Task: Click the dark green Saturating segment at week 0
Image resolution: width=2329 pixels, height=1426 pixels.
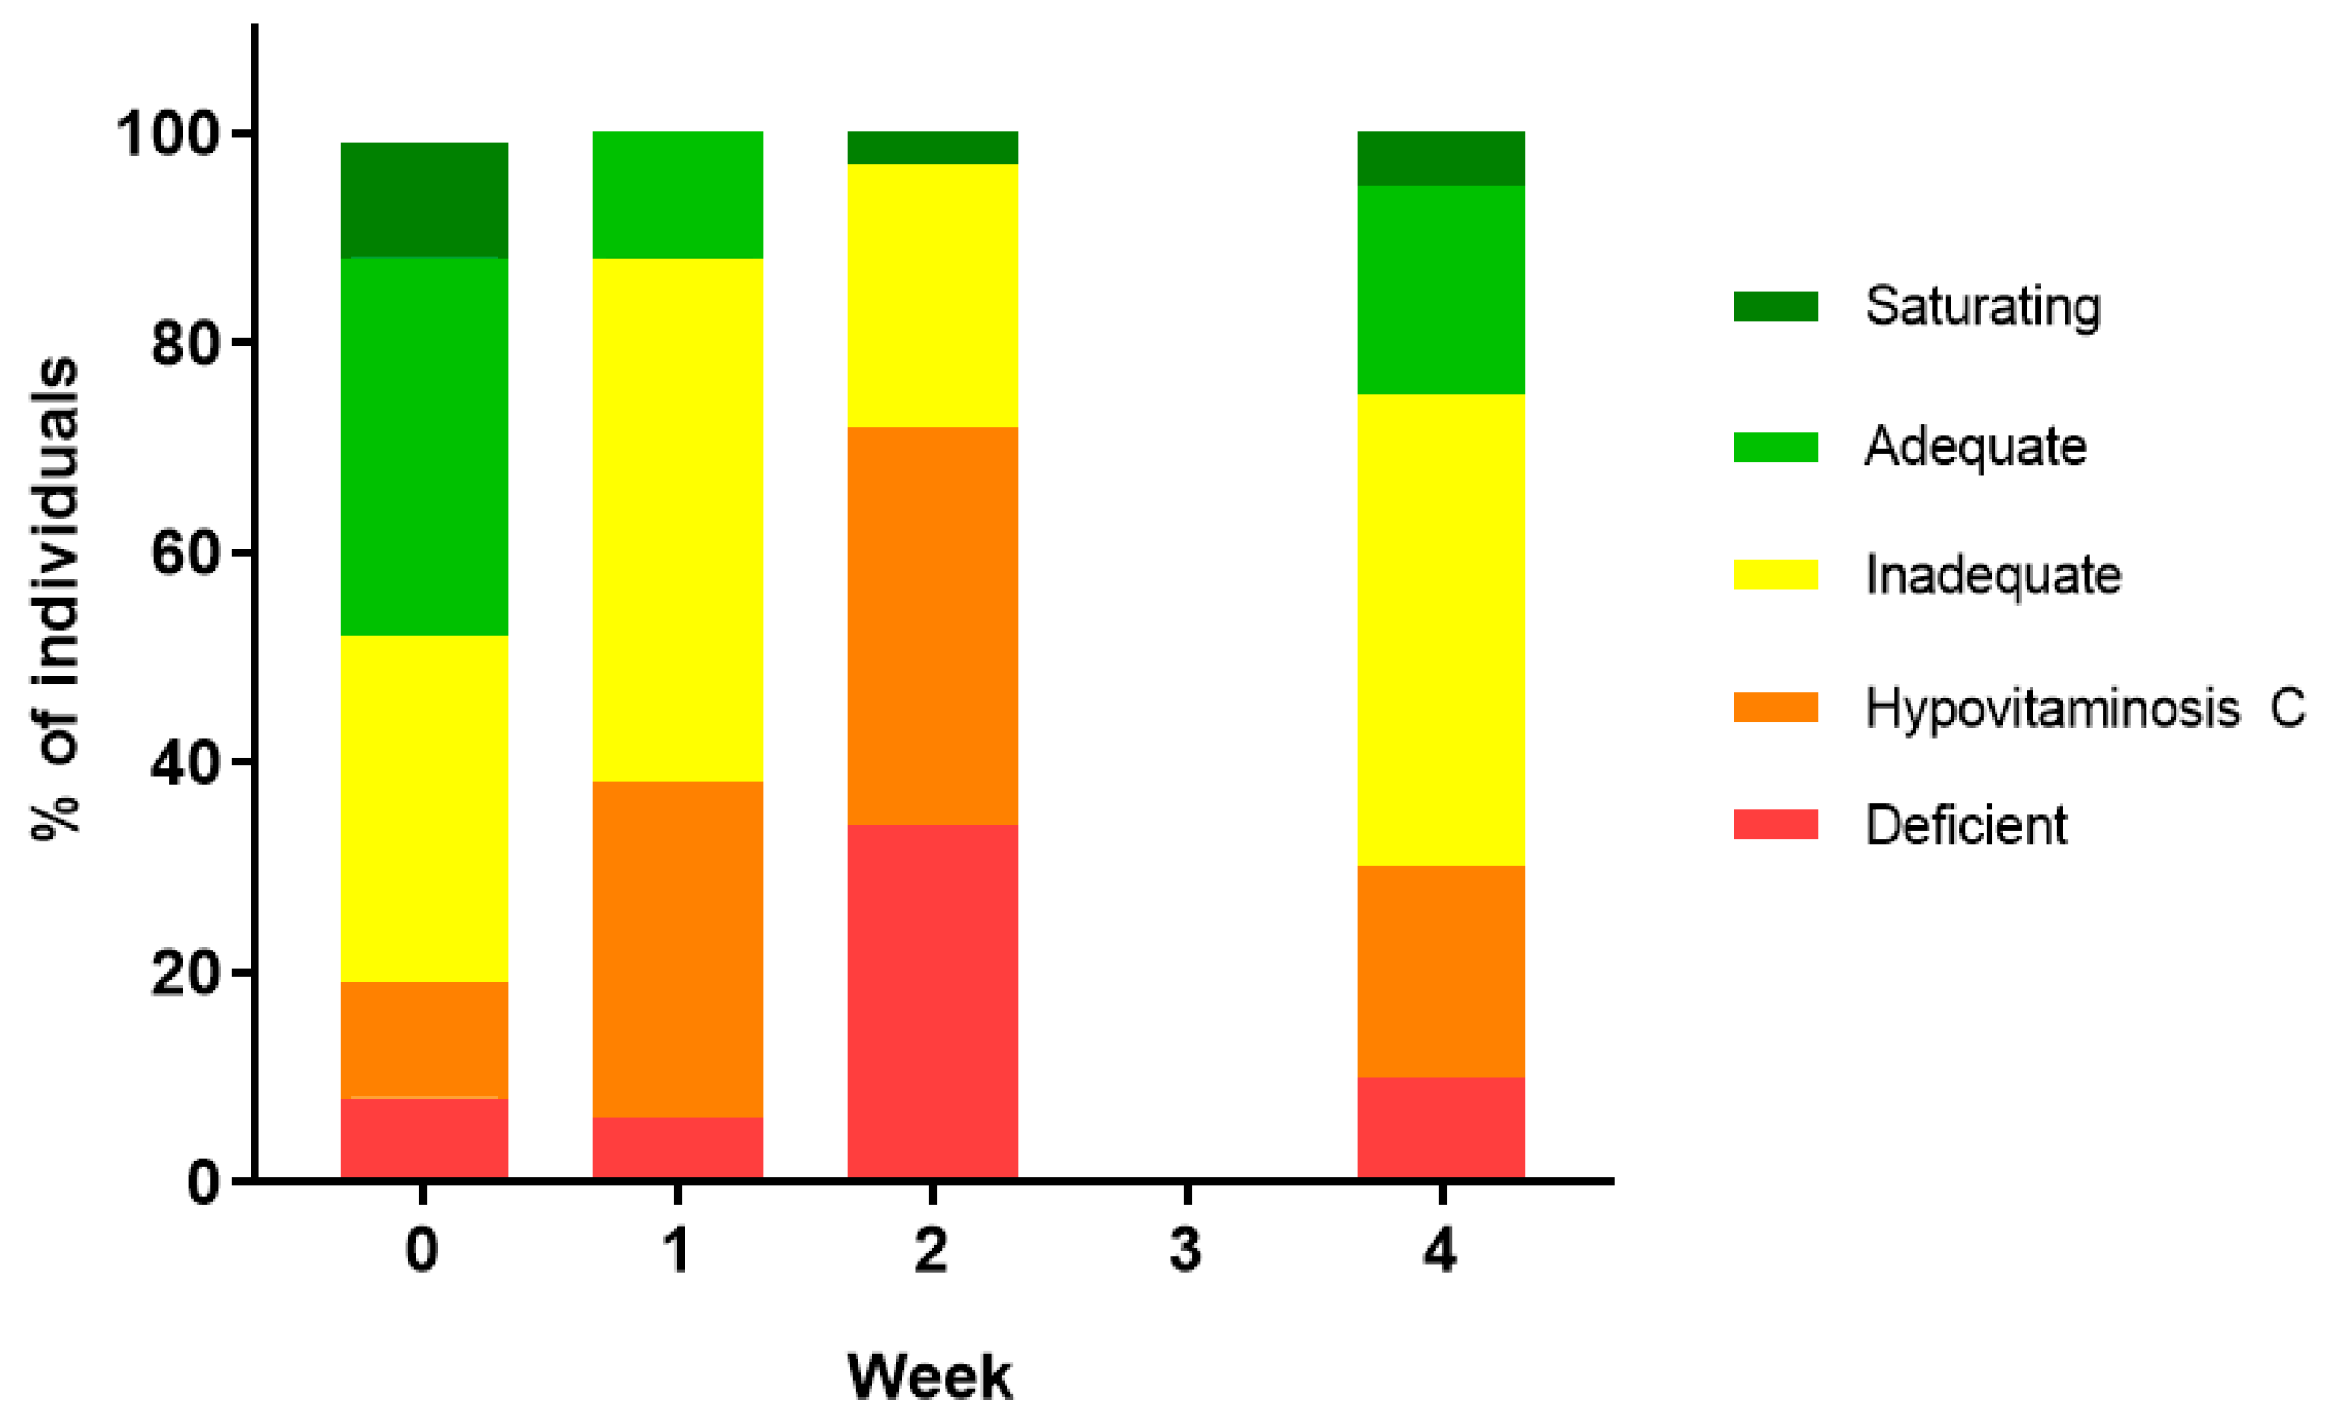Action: [423, 200]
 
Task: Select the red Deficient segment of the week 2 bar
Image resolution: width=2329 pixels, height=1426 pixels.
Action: [932, 1002]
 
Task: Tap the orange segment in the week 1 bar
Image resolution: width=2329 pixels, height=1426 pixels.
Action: [678, 949]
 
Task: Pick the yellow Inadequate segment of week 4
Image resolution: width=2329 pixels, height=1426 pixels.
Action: [1441, 630]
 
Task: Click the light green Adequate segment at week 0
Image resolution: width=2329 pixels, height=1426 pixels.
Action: [423, 446]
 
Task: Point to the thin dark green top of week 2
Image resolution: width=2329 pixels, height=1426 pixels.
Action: [932, 148]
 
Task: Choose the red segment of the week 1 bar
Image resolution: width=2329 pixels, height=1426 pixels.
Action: [678, 1147]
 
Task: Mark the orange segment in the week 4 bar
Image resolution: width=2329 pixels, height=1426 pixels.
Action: [1441, 971]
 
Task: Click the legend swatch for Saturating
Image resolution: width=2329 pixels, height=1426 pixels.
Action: [1775, 306]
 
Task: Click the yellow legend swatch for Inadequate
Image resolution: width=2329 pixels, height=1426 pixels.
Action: [1775, 575]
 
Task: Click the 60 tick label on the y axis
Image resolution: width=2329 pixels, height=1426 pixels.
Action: [185, 553]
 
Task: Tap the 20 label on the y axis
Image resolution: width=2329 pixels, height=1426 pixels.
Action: [185, 973]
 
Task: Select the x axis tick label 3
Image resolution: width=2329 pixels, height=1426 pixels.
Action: [1186, 1250]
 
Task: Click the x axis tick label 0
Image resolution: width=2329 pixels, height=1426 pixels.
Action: [422, 1250]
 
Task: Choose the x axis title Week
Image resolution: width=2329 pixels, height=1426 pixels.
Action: [929, 1376]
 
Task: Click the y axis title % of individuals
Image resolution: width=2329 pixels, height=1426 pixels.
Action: [54, 597]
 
